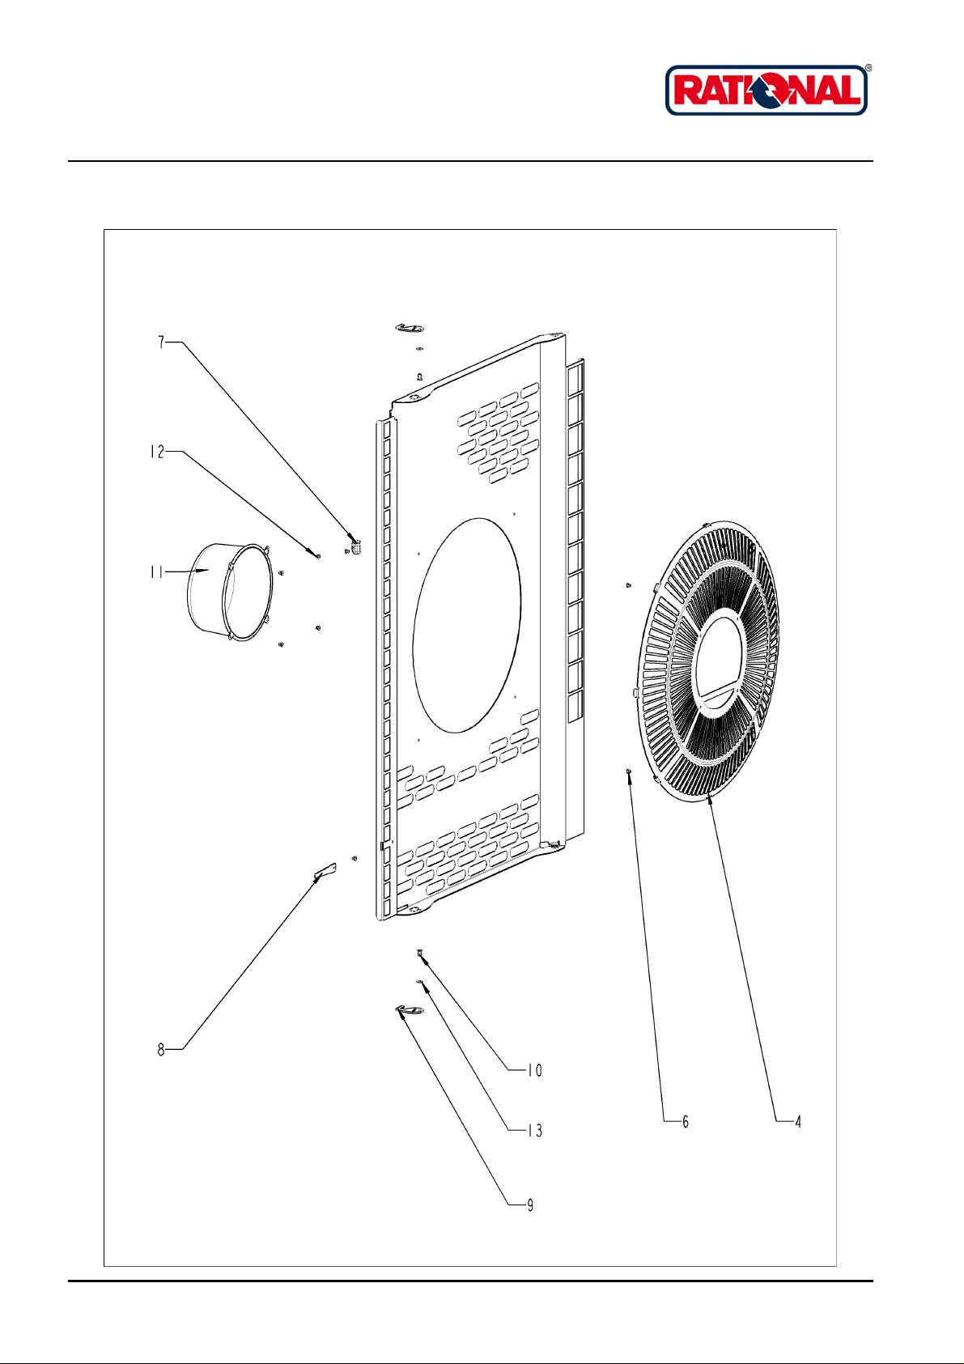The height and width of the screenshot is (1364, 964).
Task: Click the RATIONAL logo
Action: tap(766, 90)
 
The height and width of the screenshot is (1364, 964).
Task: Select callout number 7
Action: tap(161, 342)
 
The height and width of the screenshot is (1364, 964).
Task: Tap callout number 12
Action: tap(156, 452)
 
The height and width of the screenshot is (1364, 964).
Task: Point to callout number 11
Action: tap(155, 572)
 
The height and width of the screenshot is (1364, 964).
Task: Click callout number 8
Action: tap(161, 1050)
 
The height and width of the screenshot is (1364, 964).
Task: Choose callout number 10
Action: tap(534, 1070)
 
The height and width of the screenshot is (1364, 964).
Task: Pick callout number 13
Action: tap(534, 1131)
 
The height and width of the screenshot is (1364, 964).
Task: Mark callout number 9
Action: tap(530, 1205)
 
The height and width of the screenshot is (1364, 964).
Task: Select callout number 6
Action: tap(685, 1122)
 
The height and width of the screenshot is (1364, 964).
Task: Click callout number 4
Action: tap(797, 1122)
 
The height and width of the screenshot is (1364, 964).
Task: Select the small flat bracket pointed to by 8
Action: tap(324, 871)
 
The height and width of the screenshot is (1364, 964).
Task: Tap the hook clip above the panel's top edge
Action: tap(410, 327)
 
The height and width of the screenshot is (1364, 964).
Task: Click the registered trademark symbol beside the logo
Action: tap(868, 69)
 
